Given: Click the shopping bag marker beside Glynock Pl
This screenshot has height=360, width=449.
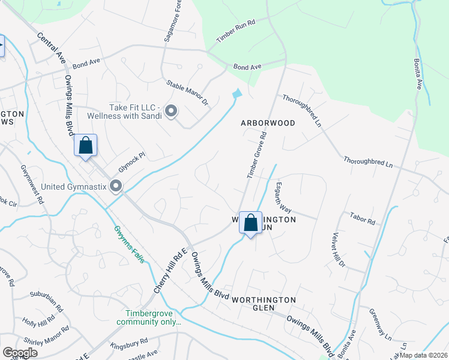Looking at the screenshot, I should (x=85, y=145).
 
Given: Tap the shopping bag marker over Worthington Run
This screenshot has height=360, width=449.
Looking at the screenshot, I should (x=250, y=222).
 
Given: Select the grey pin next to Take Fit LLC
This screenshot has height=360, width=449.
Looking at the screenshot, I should (x=171, y=111).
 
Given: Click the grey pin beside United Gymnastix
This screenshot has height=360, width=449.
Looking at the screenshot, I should (x=116, y=186).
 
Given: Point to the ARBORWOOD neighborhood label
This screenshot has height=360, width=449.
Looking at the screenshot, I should (x=268, y=123).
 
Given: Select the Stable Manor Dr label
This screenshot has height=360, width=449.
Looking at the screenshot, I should (x=187, y=94).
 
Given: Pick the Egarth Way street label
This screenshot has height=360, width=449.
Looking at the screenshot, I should (x=283, y=198).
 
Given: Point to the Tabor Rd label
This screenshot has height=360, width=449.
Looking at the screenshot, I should (x=362, y=218).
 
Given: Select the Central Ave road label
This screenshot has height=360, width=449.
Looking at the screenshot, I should (x=51, y=49).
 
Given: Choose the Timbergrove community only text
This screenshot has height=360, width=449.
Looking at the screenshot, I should (x=152, y=318).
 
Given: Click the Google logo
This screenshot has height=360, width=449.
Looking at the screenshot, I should (x=20, y=353).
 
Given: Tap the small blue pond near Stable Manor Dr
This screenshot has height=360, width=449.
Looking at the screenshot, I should (x=237, y=94).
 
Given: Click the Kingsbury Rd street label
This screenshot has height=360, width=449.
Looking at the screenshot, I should (x=129, y=344).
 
